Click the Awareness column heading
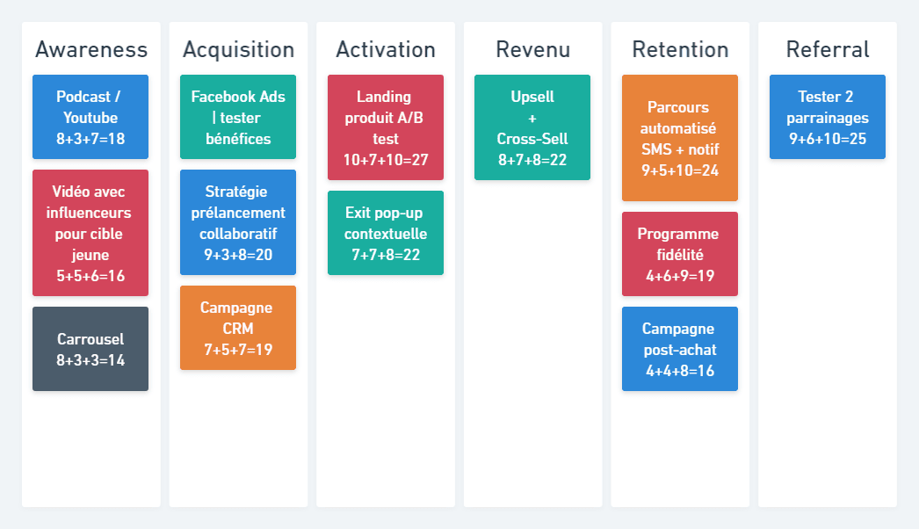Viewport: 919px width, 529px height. pyautogui.click(x=91, y=50)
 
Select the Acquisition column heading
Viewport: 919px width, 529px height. pyautogui.click(x=239, y=50)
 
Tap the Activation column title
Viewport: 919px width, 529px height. pyautogui.click(x=386, y=50)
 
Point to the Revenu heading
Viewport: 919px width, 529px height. pyautogui.click(x=532, y=50)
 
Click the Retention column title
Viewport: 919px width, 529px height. pyautogui.click(x=680, y=50)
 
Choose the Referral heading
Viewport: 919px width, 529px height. pyautogui.click(x=828, y=50)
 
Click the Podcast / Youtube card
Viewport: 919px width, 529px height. pyautogui.click(x=90, y=117)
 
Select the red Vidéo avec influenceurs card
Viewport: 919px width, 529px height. pyautogui.click(x=90, y=233)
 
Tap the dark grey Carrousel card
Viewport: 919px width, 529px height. pyautogui.click(x=90, y=349)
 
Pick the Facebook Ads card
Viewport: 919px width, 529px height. pyautogui.click(x=238, y=117)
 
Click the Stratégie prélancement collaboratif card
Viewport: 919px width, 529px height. pyautogui.click(x=238, y=222)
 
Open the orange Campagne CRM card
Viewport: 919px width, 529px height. pyautogui.click(x=238, y=328)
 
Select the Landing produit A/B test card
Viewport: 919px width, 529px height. pyautogui.click(x=386, y=127)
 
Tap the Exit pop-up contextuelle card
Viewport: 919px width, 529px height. pyautogui.click(x=386, y=233)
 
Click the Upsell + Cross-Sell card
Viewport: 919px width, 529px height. pyautogui.click(x=532, y=127)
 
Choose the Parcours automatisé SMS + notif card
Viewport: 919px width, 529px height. pyautogui.click(x=680, y=138)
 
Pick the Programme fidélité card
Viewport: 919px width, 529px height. pyautogui.click(x=680, y=254)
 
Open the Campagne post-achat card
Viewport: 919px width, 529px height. pyautogui.click(x=680, y=349)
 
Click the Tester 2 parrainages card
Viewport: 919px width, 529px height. pyautogui.click(x=828, y=117)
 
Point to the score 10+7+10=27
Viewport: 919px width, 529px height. pyautogui.click(x=386, y=160)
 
